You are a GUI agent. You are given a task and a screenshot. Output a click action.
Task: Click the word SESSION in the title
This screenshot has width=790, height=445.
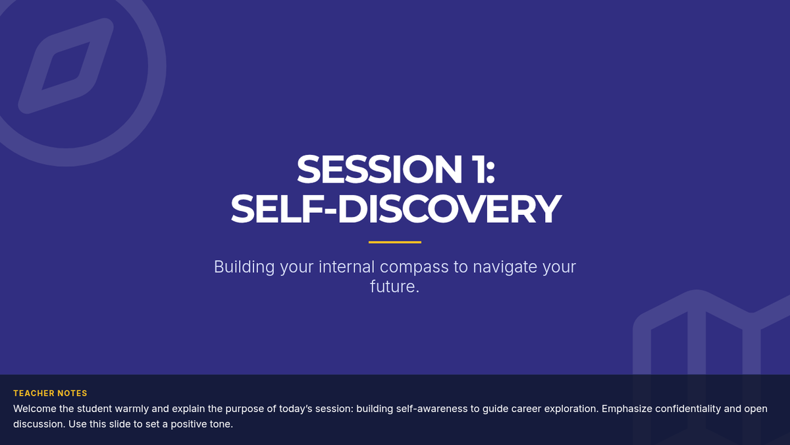379,169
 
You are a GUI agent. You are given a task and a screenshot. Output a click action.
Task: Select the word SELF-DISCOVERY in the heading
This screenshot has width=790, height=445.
396,209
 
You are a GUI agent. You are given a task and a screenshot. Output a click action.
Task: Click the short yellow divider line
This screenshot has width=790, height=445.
395,243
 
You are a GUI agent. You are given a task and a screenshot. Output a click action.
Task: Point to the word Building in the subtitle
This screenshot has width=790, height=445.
244,267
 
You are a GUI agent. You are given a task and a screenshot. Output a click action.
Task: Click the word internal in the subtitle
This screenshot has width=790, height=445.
346,266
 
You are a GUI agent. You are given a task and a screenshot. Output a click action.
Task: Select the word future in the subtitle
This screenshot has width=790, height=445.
392,287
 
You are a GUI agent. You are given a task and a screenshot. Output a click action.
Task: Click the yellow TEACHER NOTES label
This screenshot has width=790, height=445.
50,394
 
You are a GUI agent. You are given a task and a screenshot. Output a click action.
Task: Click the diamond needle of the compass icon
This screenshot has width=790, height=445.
66,66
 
